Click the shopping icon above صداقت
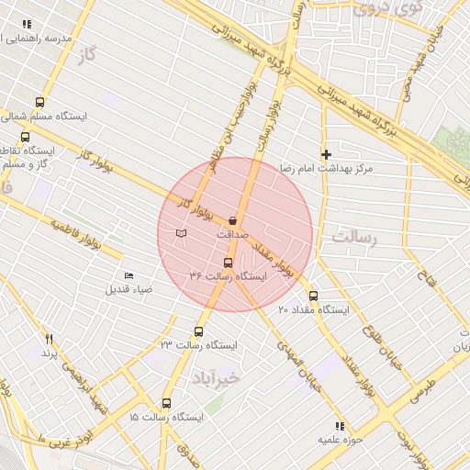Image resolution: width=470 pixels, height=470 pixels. [x=232, y=220]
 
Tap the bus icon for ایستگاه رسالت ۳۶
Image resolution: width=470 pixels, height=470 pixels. [x=229, y=262]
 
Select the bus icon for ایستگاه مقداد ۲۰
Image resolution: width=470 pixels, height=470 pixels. [x=314, y=296]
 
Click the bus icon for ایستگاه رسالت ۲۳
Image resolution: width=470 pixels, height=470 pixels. [x=199, y=331]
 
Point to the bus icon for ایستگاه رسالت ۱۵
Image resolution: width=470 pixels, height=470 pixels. [x=166, y=403]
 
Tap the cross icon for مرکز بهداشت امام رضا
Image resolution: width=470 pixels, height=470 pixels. [x=325, y=154]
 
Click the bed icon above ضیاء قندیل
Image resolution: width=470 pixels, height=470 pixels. [x=129, y=275]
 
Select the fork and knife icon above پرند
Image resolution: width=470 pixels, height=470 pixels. [x=49, y=339]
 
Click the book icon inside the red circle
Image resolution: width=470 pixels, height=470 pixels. [x=181, y=233]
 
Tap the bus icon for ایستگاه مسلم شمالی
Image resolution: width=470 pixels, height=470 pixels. [x=39, y=102]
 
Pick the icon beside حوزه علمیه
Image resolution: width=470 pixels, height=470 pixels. [x=340, y=426]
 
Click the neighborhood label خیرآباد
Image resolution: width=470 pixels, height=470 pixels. [x=216, y=377]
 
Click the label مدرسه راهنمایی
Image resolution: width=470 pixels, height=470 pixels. [x=65, y=39]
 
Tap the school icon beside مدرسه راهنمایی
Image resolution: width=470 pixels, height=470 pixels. [x=28, y=25]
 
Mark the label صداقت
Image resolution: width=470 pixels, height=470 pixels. [x=232, y=235]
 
